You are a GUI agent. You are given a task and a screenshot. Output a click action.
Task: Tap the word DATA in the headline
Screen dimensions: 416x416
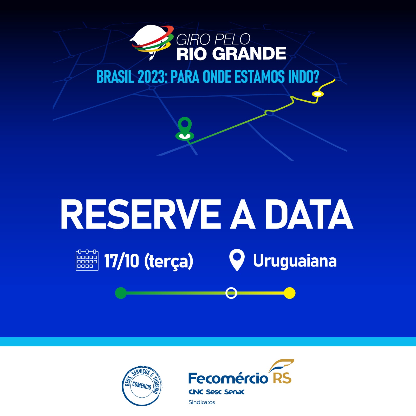click(309, 214)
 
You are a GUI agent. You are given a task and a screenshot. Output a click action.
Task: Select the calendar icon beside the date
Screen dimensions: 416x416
click(87, 260)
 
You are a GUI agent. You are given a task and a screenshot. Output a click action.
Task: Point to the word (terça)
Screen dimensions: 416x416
click(169, 261)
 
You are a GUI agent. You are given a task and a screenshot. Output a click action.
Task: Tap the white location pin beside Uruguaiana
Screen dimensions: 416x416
click(237, 260)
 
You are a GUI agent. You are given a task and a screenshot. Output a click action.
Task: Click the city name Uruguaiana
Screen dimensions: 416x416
click(295, 261)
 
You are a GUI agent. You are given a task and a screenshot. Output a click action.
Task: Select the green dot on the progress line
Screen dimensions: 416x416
click(121, 293)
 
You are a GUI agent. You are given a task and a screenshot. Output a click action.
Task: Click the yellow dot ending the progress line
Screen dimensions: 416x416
click(290, 293)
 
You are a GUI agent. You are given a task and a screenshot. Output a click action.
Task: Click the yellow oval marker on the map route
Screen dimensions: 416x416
click(318, 94)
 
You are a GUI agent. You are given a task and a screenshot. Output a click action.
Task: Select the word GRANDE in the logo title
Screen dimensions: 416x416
click(251, 54)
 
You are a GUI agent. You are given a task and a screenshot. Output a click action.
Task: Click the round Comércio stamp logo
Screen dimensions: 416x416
click(142, 386)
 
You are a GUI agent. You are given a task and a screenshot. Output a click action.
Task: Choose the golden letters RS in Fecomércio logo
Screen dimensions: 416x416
click(282, 378)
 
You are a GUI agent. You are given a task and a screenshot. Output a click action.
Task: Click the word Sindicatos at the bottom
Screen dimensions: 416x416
click(202, 402)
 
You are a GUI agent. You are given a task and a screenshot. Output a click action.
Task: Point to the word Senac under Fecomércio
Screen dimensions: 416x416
click(234, 392)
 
